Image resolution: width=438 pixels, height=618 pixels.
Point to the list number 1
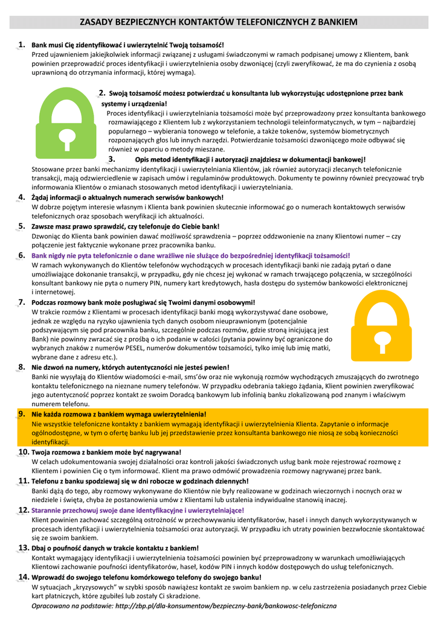point(21,44)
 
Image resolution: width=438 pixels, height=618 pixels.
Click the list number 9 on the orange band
point(21,413)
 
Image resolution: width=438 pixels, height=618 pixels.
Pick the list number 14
point(24,576)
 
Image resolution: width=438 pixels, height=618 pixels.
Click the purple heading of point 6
point(190,255)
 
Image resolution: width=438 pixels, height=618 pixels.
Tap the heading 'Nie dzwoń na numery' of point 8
point(130,366)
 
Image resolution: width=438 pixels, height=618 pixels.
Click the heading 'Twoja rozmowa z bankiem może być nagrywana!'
point(106,452)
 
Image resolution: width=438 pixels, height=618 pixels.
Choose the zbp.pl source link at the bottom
point(226,605)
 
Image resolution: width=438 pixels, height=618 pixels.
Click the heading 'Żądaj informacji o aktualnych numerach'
point(127,197)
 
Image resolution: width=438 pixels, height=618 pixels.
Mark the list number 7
point(21,302)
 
